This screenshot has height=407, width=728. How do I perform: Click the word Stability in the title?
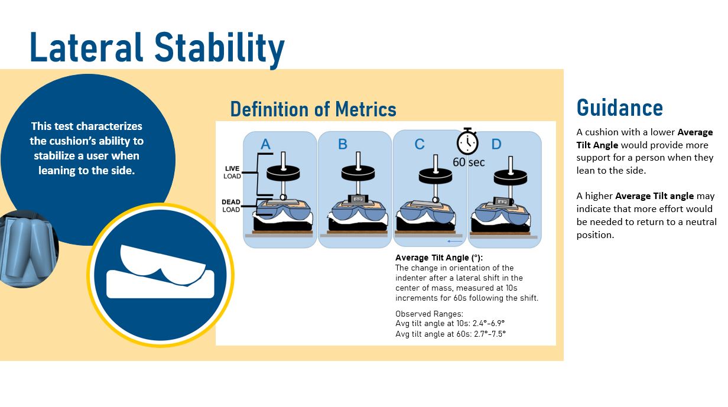(x=220, y=48)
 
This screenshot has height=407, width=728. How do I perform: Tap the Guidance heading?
(x=619, y=108)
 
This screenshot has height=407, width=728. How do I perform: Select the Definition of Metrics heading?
(x=313, y=109)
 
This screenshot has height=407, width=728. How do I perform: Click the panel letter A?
(x=265, y=144)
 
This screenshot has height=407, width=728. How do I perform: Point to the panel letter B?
(x=343, y=144)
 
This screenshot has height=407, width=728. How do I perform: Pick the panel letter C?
(x=420, y=144)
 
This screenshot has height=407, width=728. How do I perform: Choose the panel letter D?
(x=496, y=144)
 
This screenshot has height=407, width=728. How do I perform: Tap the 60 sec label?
(x=469, y=161)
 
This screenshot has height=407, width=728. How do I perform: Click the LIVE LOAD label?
(x=232, y=172)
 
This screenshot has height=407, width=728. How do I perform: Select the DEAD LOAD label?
(x=231, y=206)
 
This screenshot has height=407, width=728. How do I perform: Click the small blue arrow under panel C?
(x=454, y=241)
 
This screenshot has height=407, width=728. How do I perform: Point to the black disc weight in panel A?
(x=282, y=173)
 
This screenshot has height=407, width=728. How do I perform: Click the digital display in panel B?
(x=357, y=199)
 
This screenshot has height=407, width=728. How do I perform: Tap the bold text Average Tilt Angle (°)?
(x=439, y=258)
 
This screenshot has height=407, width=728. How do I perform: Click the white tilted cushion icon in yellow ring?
(x=160, y=272)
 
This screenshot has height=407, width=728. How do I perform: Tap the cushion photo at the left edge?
(x=27, y=248)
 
